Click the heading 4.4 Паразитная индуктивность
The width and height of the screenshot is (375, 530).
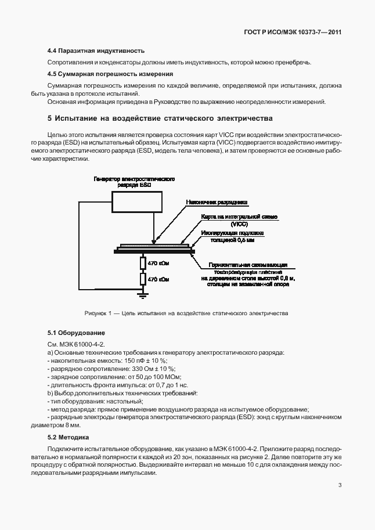[96, 51]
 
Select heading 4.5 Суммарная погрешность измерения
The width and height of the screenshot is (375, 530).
[110, 74]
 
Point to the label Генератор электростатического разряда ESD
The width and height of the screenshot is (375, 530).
[135, 183]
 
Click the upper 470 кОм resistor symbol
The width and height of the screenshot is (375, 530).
[142, 264]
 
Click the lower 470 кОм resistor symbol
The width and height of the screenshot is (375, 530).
[142, 279]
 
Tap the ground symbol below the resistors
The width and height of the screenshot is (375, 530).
[142, 295]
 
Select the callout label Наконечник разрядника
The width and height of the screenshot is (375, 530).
[217, 202]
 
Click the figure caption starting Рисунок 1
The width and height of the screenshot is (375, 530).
[186, 313]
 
